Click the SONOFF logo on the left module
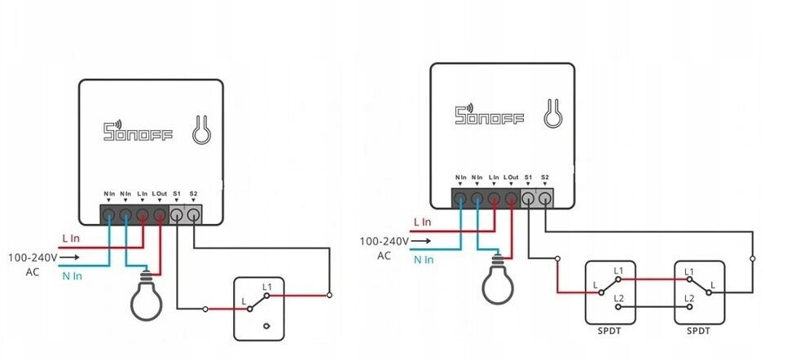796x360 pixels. click(x=138, y=132)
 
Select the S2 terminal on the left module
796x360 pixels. click(x=193, y=215)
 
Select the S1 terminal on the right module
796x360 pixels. click(x=528, y=198)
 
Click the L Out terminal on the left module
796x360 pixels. click(x=160, y=215)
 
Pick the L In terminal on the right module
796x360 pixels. click(x=494, y=198)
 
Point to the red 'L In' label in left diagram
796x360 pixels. click(x=72, y=239)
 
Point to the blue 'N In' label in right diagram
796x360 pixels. click(x=424, y=259)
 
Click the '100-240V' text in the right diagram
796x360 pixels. click(x=384, y=241)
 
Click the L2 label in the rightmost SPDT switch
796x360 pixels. click(x=689, y=299)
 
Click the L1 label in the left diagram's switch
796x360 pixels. click(x=267, y=288)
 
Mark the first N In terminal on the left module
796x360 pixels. click(x=109, y=215)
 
